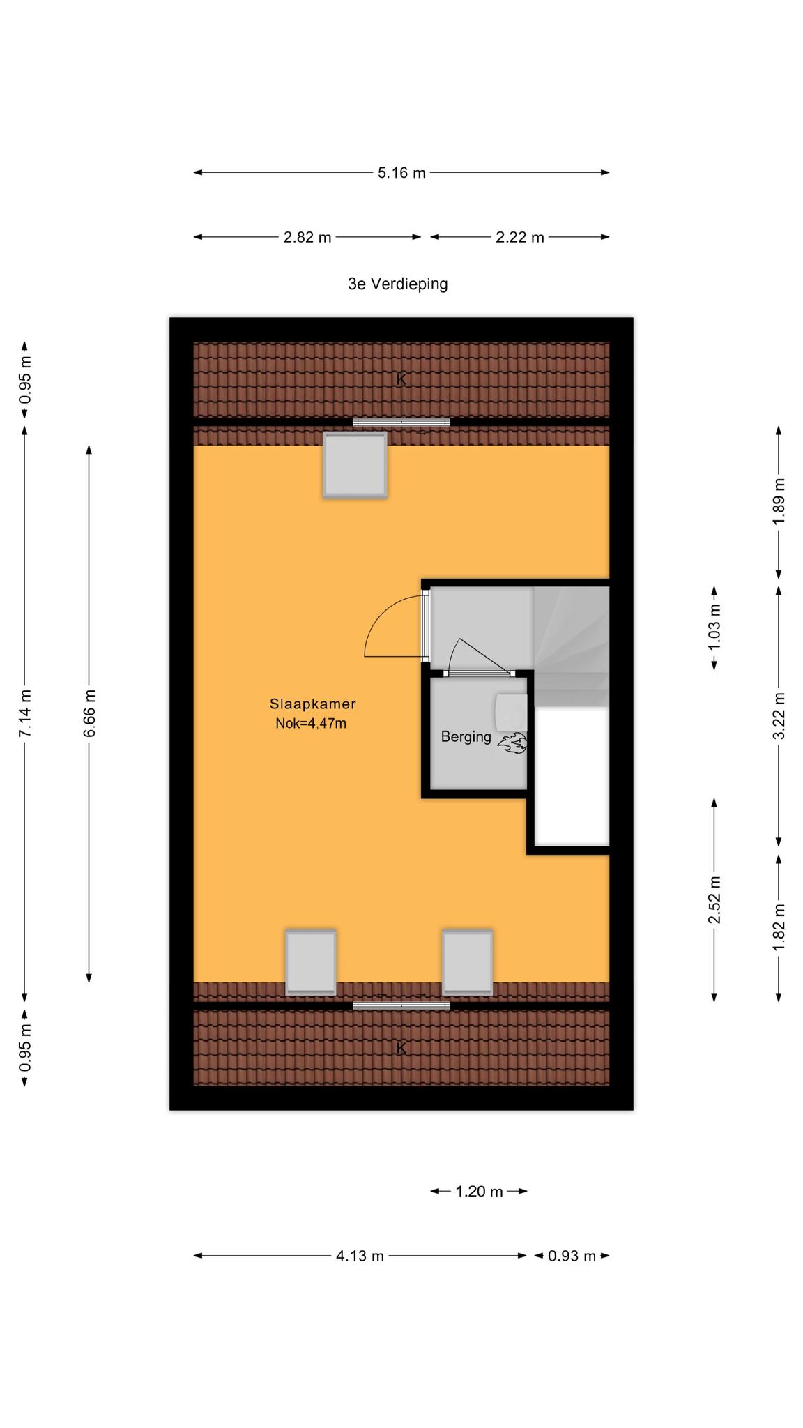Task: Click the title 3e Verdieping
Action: pyautogui.click(x=397, y=284)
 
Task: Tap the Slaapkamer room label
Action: pyautogui.click(x=313, y=704)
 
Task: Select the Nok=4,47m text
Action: pyautogui.click(x=311, y=723)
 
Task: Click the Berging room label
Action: pyautogui.click(x=466, y=737)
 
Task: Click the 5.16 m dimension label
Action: pyautogui.click(x=401, y=173)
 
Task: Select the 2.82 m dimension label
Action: pyautogui.click(x=307, y=237)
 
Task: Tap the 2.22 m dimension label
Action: pyautogui.click(x=520, y=237)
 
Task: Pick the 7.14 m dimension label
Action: pyautogui.click(x=25, y=713)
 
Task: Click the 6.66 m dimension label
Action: pyautogui.click(x=89, y=713)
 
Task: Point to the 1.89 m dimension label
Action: pyautogui.click(x=779, y=502)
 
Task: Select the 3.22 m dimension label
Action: pyautogui.click(x=779, y=716)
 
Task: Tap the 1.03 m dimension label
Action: pyautogui.click(x=714, y=628)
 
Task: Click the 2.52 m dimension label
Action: pyautogui.click(x=714, y=899)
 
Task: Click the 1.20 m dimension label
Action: pyautogui.click(x=479, y=1192)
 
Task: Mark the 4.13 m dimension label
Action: pyautogui.click(x=360, y=1256)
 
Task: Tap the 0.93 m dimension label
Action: pyautogui.click(x=572, y=1256)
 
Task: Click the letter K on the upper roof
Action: pyautogui.click(x=401, y=380)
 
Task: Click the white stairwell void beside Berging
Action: pyautogui.click(x=572, y=776)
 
